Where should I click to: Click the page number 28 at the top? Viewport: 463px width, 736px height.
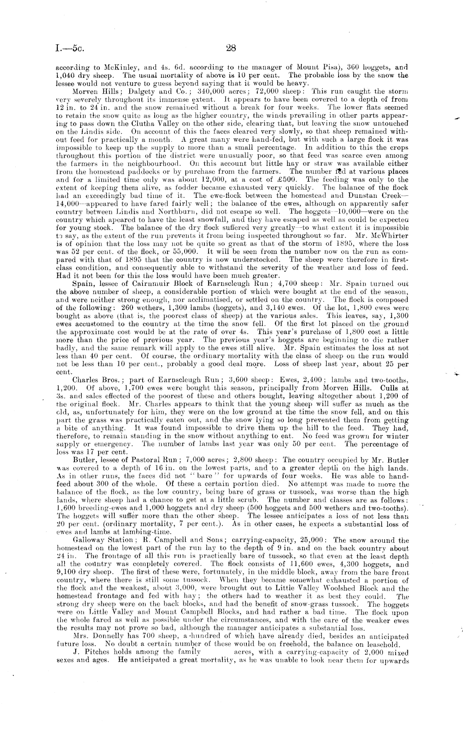[231, 48]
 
